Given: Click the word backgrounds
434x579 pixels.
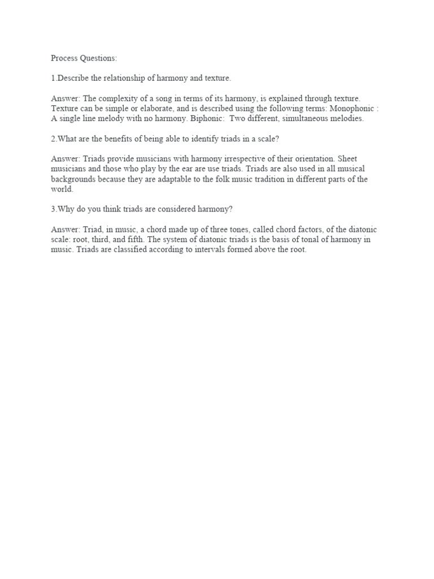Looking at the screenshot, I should click(73, 179).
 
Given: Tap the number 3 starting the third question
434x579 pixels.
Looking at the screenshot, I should click(53, 208).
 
